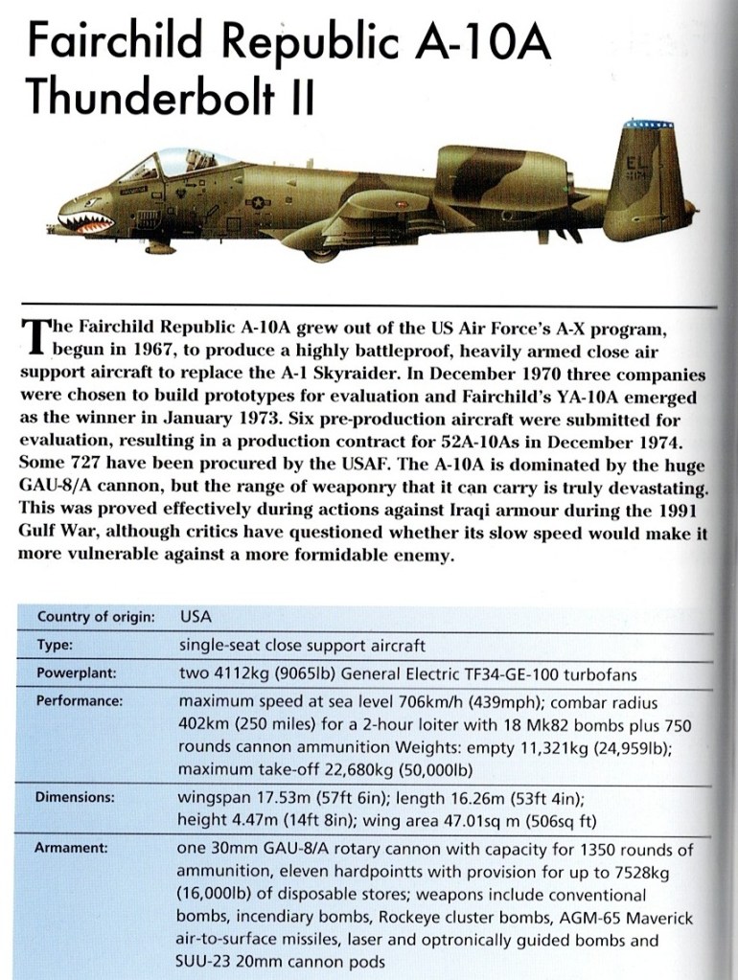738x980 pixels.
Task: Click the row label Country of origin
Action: pos(96,618)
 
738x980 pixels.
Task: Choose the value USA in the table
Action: pos(197,618)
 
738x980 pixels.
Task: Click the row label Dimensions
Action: pos(76,796)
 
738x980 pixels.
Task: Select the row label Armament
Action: pos(72,848)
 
